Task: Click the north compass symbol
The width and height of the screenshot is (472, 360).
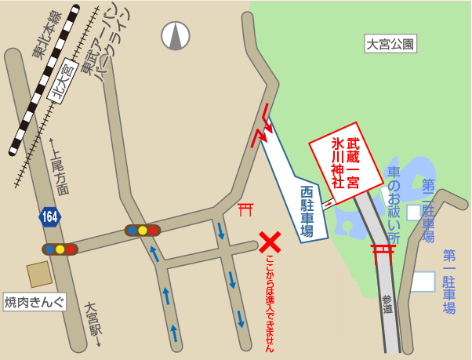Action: coord(176,35)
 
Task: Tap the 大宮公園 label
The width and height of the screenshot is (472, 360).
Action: coord(390,44)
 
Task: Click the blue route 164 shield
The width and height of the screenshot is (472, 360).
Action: coord(50,216)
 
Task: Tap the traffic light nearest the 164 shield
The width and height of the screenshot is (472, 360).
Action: coord(60,249)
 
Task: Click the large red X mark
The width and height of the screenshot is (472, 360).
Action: coord(270,241)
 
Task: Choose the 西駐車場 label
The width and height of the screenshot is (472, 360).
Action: coord(307,212)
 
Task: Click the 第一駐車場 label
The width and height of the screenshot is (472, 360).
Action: coord(449,282)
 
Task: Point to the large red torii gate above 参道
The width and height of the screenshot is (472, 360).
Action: coord(383,253)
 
